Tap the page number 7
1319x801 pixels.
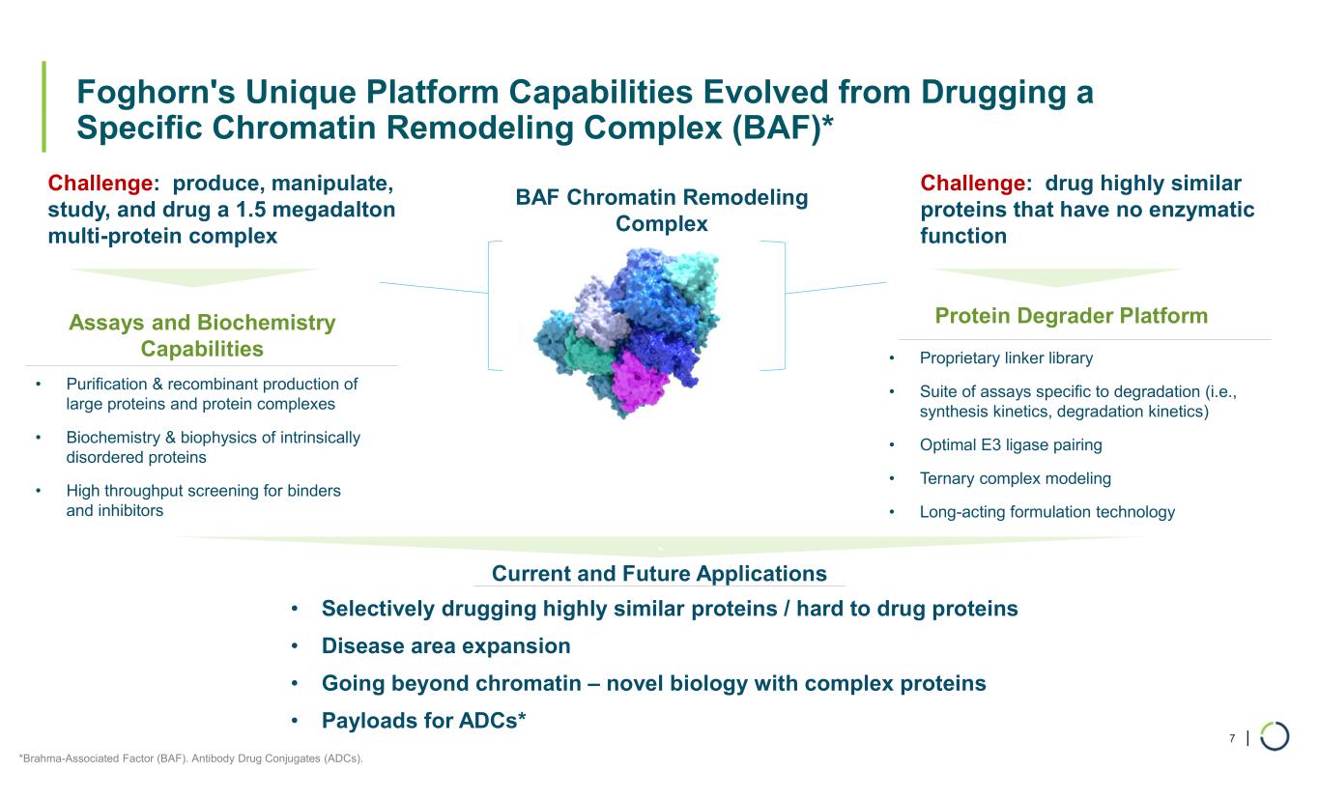click(1232, 739)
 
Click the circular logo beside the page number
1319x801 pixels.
click(1275, 736)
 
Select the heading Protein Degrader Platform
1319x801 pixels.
click(1072, 316)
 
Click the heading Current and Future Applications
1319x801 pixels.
click(659, 574)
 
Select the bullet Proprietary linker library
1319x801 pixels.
click(1006, 358)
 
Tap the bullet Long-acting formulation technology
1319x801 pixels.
click(1047, 512)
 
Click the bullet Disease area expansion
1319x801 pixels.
click(445, 645)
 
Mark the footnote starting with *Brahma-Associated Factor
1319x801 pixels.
click(191, 758)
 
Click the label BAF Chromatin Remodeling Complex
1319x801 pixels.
click(661, 211)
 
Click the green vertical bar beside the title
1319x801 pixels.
click(43, 107)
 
